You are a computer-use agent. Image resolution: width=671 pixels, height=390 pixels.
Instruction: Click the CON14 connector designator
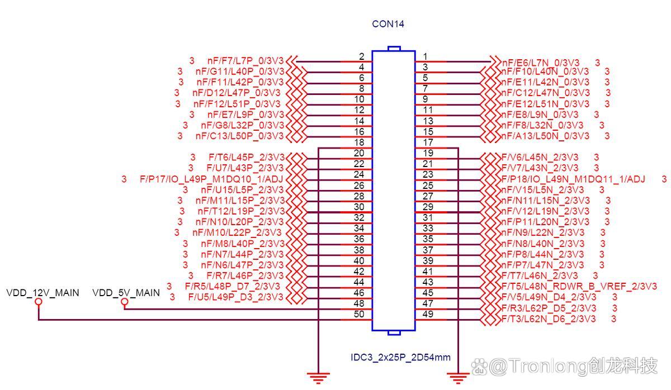(x=388, y=24)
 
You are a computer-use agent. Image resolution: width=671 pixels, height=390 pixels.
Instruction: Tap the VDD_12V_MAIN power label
(x=42, y=293)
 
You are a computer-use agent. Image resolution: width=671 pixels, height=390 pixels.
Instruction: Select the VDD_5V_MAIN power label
(x=126, y=293)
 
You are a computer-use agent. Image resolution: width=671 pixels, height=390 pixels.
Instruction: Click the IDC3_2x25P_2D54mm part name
(x=400, y=357)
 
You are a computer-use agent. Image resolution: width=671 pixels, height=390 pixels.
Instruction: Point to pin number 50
(x=359, y=314)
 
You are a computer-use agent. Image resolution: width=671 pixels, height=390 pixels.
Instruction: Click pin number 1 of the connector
(x=426, y=56)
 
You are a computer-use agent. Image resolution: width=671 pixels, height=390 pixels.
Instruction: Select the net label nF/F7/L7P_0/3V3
(x=245, y=61)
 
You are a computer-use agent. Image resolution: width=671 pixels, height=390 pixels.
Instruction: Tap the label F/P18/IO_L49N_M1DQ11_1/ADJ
(x=573, y=179)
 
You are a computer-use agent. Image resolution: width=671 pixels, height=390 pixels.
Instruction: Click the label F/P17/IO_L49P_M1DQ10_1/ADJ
(x=211, y=179)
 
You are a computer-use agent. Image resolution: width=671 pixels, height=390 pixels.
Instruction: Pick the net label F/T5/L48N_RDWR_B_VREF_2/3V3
(x=579, y=287)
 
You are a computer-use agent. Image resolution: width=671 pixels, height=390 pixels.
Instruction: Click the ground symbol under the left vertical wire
(x=318, y=379)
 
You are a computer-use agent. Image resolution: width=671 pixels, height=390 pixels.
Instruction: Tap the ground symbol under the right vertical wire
(x=458, y=379)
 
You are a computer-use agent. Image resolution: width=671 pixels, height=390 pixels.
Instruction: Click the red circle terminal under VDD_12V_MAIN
(x=39, y=302)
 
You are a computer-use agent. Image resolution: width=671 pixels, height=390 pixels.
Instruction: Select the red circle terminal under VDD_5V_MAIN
(x=124, y=302)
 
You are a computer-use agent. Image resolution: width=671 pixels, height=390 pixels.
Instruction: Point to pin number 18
(x=359, y=142)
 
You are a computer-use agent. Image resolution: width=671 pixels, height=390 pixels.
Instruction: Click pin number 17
(x=428, y=142)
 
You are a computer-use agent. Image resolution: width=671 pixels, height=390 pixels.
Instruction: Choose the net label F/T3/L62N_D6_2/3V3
(x=549, y=318)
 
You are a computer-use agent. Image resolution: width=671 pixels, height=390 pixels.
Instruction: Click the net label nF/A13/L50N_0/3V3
(x=545, y=136)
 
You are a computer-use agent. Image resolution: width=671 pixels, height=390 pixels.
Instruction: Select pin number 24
(x=359, y=174)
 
